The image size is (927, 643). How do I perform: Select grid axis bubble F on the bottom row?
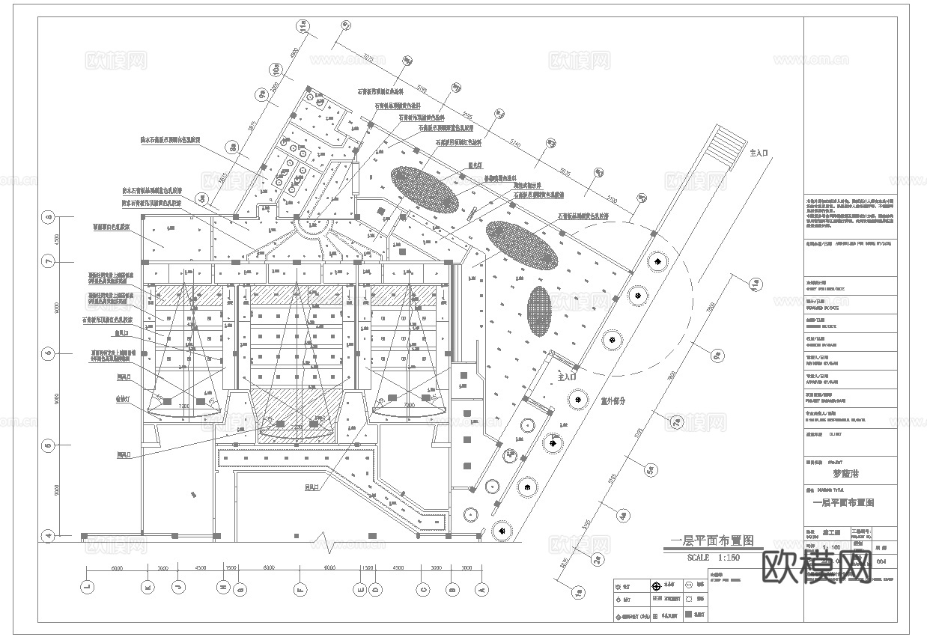point(300,588)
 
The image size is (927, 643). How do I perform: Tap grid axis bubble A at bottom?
point(482,588)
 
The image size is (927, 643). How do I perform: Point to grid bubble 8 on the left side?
point(49,218)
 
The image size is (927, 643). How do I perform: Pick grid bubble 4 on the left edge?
point(49,535)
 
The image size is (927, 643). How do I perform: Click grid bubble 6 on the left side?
point(49,353)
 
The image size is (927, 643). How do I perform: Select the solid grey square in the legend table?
point(699,615)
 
